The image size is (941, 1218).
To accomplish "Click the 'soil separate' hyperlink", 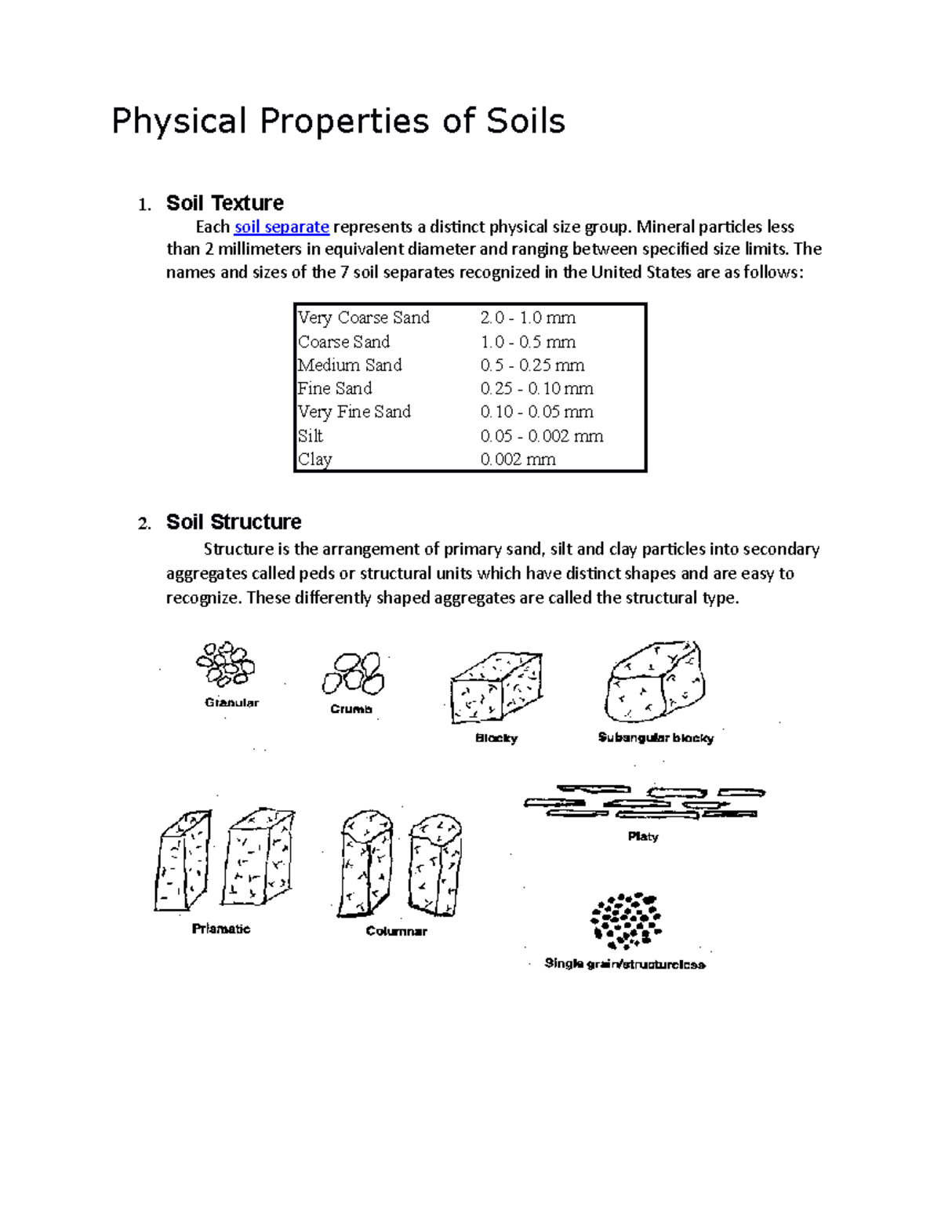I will (282, 227).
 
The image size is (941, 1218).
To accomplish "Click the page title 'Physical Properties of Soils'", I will (338, 122).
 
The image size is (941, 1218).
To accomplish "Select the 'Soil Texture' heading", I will (224, 203).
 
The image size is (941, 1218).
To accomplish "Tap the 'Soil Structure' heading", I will (234, 522).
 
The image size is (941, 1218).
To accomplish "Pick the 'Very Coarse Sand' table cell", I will (364, 318).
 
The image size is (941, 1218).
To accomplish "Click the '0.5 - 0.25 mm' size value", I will (532, 365).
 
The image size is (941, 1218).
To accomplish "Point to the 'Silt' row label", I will (311, 436).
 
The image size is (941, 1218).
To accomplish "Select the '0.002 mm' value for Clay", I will (518, 460).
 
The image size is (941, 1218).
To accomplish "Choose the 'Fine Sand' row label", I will (335, 389).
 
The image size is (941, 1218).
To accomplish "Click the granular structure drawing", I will (225, 664).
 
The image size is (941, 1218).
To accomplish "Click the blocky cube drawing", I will (496, 687).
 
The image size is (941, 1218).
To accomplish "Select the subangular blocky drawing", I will (655, 682).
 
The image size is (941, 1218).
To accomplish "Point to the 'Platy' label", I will (643, 837).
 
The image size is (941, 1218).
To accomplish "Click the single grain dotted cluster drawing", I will (626, 919).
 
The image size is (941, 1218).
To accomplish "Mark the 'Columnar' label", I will (396, 932).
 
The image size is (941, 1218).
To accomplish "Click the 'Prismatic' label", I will (221, 929).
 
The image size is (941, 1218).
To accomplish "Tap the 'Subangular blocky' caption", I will (656, 738).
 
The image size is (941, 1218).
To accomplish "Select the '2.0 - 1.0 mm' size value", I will (528, 318).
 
